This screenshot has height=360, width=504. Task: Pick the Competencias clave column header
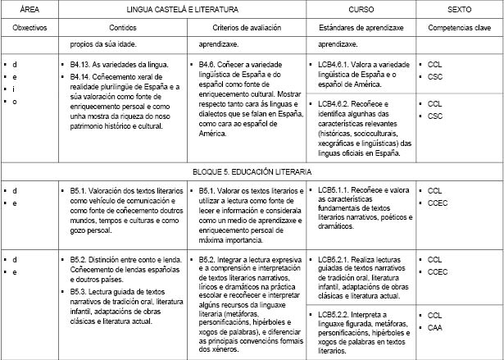[460, 28]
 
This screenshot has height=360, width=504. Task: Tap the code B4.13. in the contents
[84, 63]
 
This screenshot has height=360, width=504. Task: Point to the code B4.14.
[84, 75]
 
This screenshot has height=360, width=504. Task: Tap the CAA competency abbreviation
[435, 327]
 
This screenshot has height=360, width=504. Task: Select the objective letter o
[14, 101]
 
